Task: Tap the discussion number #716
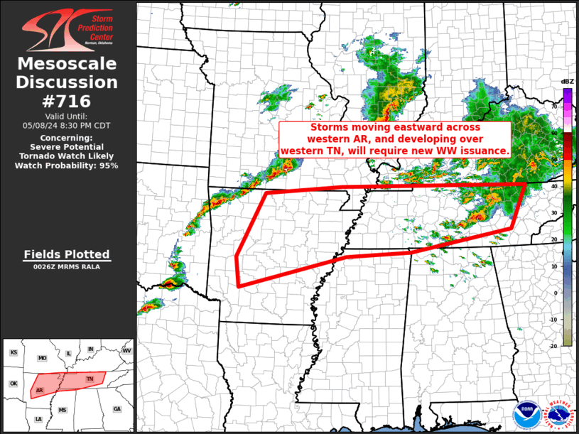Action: tap(67, 101)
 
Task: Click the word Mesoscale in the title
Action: tap(67, 64)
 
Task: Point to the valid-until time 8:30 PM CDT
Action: tap(67, 125)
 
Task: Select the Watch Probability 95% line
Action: tap(67, 165)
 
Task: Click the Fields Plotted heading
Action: tap(67, 254)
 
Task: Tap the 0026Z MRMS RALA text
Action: tap(67, 266)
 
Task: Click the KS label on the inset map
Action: tap(13, 352)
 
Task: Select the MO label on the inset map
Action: tap(42, 358)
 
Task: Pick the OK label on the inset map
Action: tap(13, 384)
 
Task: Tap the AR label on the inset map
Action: tap(39, 390)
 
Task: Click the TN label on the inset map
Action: tap(90, 379)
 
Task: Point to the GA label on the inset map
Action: tap(117, 409)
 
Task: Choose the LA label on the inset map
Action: tap(38, 420)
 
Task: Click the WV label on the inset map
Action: tap(127, 351)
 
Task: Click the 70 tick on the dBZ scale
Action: tap(554, 106)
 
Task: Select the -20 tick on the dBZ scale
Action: tap(553, 346)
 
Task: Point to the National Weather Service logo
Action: tap(558, 413)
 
